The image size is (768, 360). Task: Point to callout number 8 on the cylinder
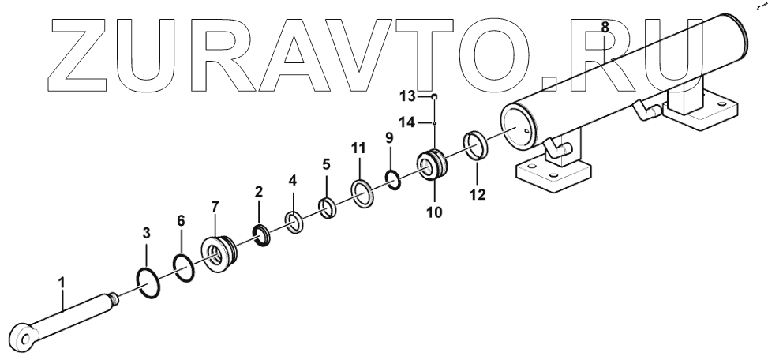[x=605, y=27]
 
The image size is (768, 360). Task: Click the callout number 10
[x=435, y=212]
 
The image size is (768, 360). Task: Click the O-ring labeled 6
[x=182, y=268]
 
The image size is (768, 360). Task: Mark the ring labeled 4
[x=294, y=223]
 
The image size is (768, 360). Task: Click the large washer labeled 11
[x=362, y=193]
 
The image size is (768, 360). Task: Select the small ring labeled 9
[x=392, y=180]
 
